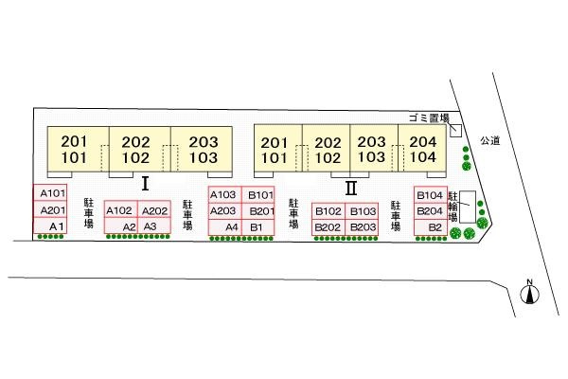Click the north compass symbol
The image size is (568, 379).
point(531,294)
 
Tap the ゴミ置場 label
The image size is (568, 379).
point(428,117)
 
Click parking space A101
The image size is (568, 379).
point(51,193)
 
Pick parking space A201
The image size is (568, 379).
point(51,209)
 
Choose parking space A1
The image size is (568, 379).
point(56,226)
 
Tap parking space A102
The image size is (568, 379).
point(120,210)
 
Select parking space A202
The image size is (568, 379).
point(154,210)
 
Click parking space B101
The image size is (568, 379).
point(259,195)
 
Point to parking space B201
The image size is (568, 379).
point(261,210)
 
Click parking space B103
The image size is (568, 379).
point(363,211)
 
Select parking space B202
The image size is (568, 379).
point(328,227)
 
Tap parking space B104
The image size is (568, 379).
point(429,195)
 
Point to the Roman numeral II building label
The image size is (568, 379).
point(350,187)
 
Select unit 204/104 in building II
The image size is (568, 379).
point(423,150)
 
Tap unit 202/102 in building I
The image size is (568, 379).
point(138,150)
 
